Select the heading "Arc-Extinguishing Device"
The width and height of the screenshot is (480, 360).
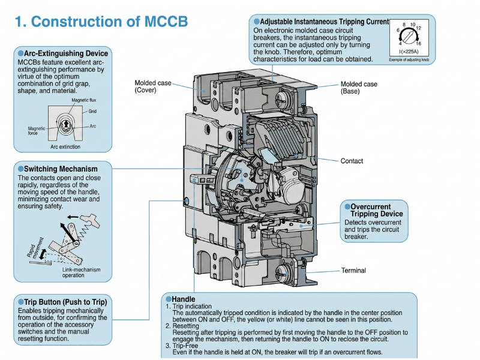[x=66, y=53]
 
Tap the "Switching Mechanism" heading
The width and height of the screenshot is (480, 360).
[x=58, y=169]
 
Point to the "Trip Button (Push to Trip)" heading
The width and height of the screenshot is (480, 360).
[x=65, y=302]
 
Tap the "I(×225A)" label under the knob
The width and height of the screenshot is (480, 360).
[x=410, y=53]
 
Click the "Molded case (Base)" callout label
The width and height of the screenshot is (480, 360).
[x=359, y=88]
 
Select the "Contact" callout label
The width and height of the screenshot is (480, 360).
[x=352, y=161]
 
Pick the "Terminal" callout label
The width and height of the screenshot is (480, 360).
[x=353, y=271]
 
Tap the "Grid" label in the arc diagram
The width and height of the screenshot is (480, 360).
[x=92, y=112]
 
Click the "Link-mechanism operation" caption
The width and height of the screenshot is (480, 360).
[x=82, y=273]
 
